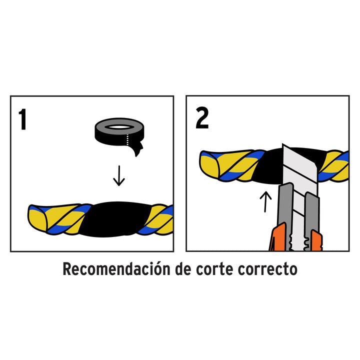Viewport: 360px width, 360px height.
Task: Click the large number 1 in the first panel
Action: (22, 119)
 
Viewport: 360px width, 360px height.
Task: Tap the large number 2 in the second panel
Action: (201, 118)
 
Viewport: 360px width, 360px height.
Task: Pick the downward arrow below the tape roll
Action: (118, 176)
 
